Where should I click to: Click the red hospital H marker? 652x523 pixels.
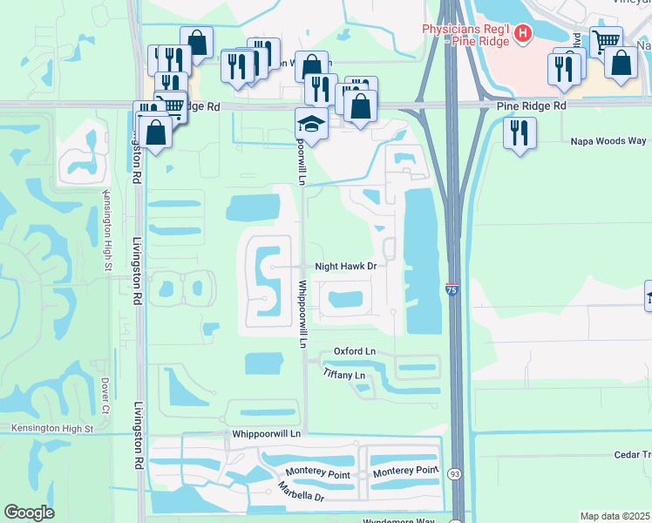point(522,35)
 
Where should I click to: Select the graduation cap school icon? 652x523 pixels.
point(309,124)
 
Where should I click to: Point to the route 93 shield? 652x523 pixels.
point(454,473)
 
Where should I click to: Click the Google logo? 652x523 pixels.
point(30,513)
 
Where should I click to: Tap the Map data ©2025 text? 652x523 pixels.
point(615,516)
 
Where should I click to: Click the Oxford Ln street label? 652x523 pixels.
point(354,351)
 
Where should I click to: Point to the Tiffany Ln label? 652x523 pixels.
point(343,374)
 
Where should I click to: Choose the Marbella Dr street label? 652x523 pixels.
point(302,491)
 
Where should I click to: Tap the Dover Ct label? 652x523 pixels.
point(105,395)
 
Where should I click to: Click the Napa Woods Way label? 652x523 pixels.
point(608,140)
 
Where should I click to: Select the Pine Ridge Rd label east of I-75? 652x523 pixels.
point(532,105)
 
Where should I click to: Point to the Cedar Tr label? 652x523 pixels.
point(634,454)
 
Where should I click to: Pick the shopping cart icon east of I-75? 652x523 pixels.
point(606,40)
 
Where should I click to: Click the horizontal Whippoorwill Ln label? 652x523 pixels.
point(266,433)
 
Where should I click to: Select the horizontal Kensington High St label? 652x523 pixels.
point(51,428)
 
